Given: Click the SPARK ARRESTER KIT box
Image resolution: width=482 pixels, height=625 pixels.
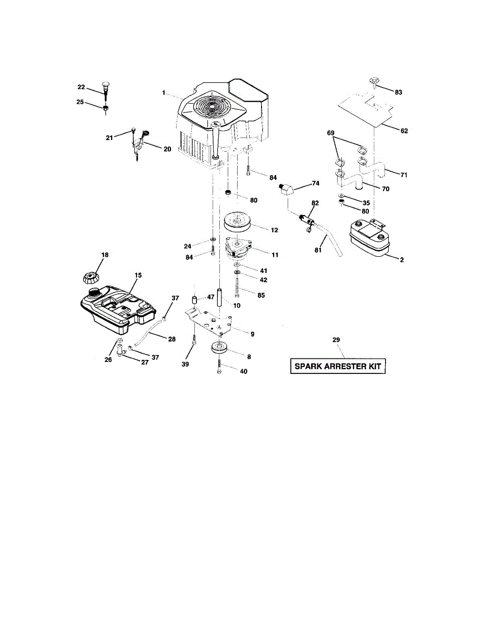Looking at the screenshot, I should (x=338, y=366).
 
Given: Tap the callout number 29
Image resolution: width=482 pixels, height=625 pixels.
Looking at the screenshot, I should (x=336, y=340).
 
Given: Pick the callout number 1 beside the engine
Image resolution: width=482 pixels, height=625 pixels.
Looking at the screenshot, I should (x=163, y=93).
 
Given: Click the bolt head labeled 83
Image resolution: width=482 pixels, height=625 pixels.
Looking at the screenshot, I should (x=373, y=82).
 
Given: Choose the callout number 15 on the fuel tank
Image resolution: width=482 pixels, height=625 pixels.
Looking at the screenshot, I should (x=138, y=274).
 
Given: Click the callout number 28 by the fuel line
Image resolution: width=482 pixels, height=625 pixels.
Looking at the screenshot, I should (x=171, y=339).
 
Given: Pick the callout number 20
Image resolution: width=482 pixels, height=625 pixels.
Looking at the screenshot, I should (x=167, y=148).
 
